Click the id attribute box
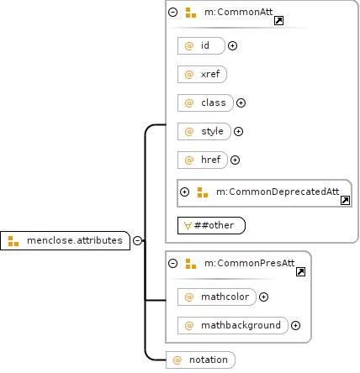pyautogui.click(x=201, y=45)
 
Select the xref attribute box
pyautogui.click(x=202, y=74)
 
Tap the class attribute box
pyautogui.click(x=205, y=102)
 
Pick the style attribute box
pyautogui.click(x=204, y=131)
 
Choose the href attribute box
pyautogui.click(x=203, y=160)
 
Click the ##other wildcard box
pyautogui.click(x=211, y=225)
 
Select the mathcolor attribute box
pyautogui.click(x=217, y=297)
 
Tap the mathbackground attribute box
pyautogui.click(x=233, y=325)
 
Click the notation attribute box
pyautogui.click(x=200, y=360)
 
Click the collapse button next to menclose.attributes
pyautogui.click(x=137, y=240)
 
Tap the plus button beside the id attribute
pyautogui.click(x=232, y=45)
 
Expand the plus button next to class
pyautogui.click(x=241, y=102)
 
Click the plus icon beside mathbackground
pyautogui.click(x=295, y=325)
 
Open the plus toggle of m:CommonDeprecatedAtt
pyautogui.click(x=184, y=192)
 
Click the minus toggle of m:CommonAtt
pyautogui.click(x=172, y=12)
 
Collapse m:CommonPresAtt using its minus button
pyautogui.click(x=172, y=263)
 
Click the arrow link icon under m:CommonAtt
pyautogui.click(x=278, y=20)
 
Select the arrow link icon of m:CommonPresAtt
pyautogui.click(x=300, y=271)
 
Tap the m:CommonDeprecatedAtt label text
pyautogui.click(x=278, y=192)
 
